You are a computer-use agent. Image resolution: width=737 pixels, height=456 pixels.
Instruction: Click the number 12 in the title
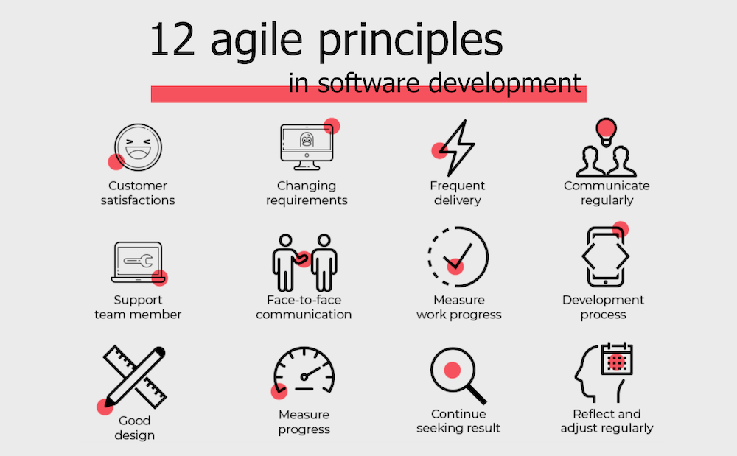click(x=172, y=40)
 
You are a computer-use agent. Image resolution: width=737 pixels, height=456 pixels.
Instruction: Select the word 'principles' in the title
click(x=411, y=42)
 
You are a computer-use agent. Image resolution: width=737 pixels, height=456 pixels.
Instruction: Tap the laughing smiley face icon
click(x=139, y=147)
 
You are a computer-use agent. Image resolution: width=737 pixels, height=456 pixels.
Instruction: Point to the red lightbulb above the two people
click(x=606, y=130)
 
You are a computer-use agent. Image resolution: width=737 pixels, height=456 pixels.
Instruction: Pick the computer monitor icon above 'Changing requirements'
click(x=307, y=147)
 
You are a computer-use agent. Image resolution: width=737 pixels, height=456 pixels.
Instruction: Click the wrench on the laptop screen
click(x=139, y=261)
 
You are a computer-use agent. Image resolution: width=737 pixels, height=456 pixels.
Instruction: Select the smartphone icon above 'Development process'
click(x=605, y=256)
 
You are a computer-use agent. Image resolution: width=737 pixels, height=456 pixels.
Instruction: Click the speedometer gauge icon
click(x=304, y=371)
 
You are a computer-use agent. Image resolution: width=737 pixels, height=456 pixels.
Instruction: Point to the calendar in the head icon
click(x=617, y=359)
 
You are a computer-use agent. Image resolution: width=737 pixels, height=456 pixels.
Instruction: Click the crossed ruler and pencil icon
click(x=135, y=376)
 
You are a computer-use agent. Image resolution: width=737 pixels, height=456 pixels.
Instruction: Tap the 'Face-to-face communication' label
click(x=304, y=307)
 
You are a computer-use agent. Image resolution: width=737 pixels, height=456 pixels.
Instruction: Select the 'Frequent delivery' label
click(x=458, y=193)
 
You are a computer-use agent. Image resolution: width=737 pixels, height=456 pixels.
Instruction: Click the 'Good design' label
click(x=134, y=428)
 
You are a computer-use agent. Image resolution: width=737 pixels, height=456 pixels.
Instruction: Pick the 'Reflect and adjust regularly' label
click(x=607, y=421)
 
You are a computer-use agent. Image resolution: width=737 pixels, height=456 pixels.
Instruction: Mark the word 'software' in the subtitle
click(x=368, y=83)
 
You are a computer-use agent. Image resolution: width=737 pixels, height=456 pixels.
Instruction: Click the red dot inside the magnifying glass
click(x=453, y=370)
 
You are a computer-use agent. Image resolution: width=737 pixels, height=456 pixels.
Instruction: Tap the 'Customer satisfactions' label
click(x=138, y=193)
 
